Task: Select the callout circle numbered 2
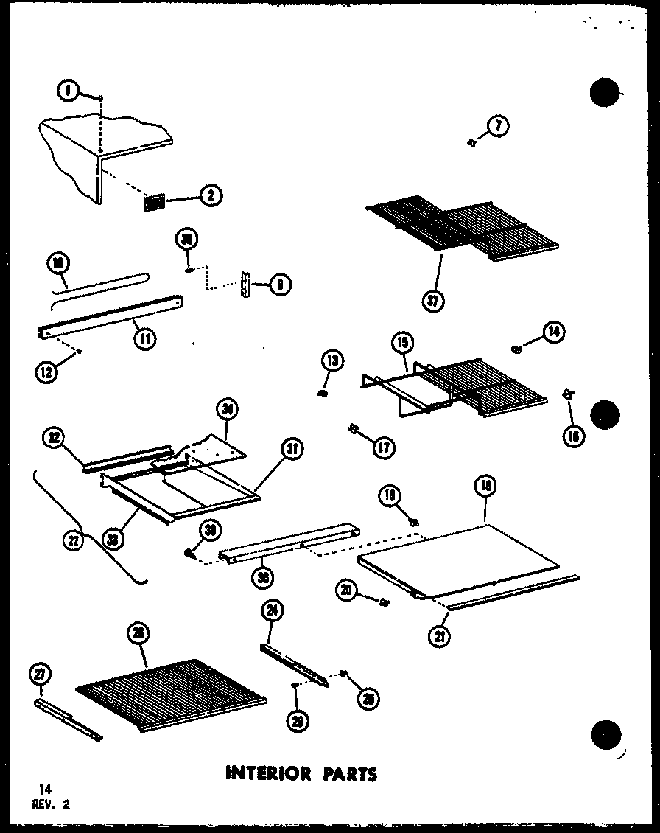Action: (x=211, y=195)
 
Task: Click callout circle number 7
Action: (x=498, y=127)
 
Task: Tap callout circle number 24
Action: (x=273, y=611)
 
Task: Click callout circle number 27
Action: (x=39, y=673)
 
